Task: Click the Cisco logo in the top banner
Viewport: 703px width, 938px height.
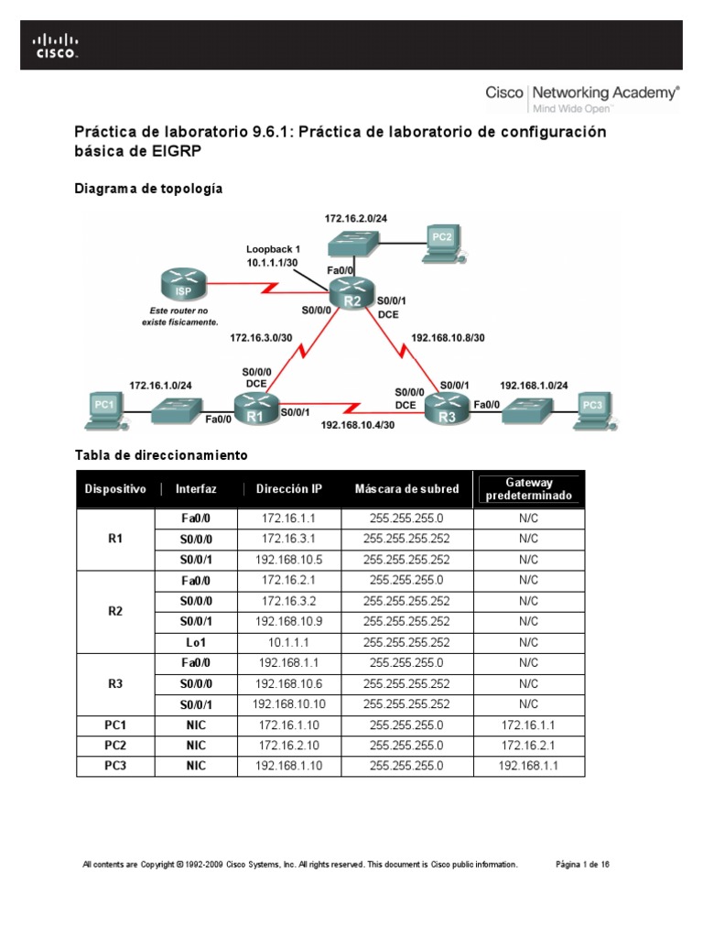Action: coord(56,46)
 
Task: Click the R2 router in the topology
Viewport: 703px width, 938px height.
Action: coord(353,293)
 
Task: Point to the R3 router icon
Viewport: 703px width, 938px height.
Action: coord(448,408)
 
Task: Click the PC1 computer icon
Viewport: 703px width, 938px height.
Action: coord(103,406)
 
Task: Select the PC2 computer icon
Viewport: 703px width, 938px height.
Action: coord(442,240)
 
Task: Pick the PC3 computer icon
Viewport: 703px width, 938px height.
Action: coord(593,407)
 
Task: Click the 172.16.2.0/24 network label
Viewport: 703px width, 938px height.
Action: coord(354,219)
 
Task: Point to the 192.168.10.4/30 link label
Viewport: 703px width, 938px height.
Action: coord(357,425)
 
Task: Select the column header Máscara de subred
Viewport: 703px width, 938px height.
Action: coord(406,489)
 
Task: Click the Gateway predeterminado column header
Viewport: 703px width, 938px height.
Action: coord(528,489)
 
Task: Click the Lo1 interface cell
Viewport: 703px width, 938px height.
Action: coord(194,642)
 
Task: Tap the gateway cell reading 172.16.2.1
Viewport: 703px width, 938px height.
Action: coord(528,745)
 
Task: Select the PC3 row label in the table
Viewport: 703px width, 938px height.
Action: coord(115,766)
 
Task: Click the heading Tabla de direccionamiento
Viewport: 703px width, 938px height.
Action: coord(160,455)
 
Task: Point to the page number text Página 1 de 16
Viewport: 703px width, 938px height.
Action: coord(583,864)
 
